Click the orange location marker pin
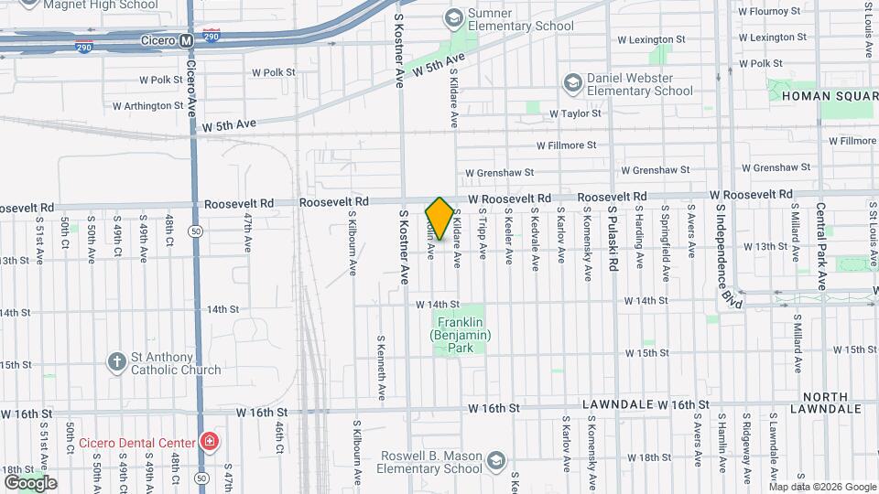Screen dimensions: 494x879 (x=439, y=218)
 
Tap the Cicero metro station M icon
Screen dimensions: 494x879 (x=187, y=40)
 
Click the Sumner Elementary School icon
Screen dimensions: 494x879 (x=452, y=17)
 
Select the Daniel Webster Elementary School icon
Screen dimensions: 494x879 (x=572, y=84)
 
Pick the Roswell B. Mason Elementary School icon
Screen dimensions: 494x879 (x=496, y=460)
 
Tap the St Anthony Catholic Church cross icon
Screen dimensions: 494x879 (x=116, y=361)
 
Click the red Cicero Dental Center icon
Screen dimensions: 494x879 (x=209, y=444)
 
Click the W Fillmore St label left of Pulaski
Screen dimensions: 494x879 (x=566, y=145)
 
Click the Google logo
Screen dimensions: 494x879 (x=30, y=482)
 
